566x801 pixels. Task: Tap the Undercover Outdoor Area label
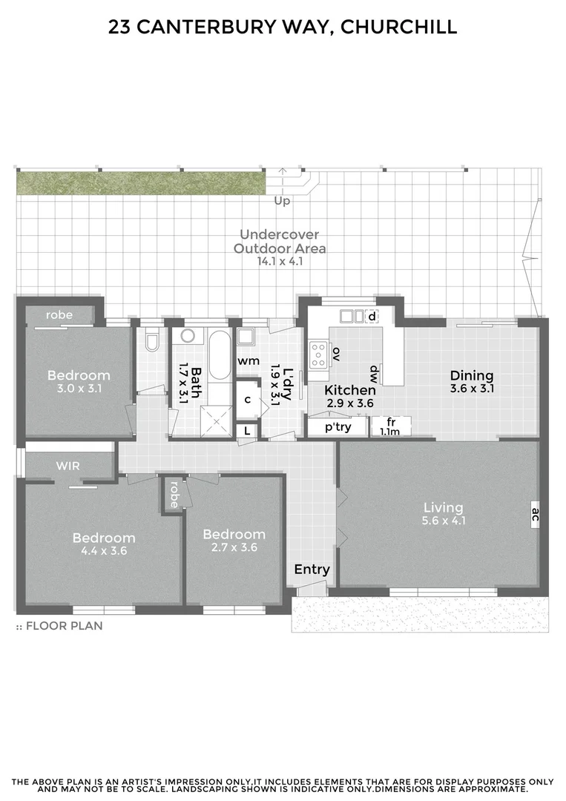pos(280,241)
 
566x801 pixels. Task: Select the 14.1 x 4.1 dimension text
pos(280,261)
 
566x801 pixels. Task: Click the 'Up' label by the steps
pos(282,201)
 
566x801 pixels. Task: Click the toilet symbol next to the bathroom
pos(152,342)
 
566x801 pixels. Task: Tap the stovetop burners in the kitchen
pos(319,354)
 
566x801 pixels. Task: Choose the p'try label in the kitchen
pos(338,427)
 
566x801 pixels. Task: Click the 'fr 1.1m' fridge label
pos(390,426)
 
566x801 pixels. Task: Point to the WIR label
pos(68,467)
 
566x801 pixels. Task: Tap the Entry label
pos(312,570)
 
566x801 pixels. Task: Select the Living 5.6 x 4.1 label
pos(444,514)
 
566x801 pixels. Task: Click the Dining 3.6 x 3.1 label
pos(472,381)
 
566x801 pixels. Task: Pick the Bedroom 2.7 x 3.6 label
pos(234,541)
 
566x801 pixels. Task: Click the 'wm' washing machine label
pos(248,360)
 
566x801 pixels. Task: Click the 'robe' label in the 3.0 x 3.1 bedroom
pos(59,315)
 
